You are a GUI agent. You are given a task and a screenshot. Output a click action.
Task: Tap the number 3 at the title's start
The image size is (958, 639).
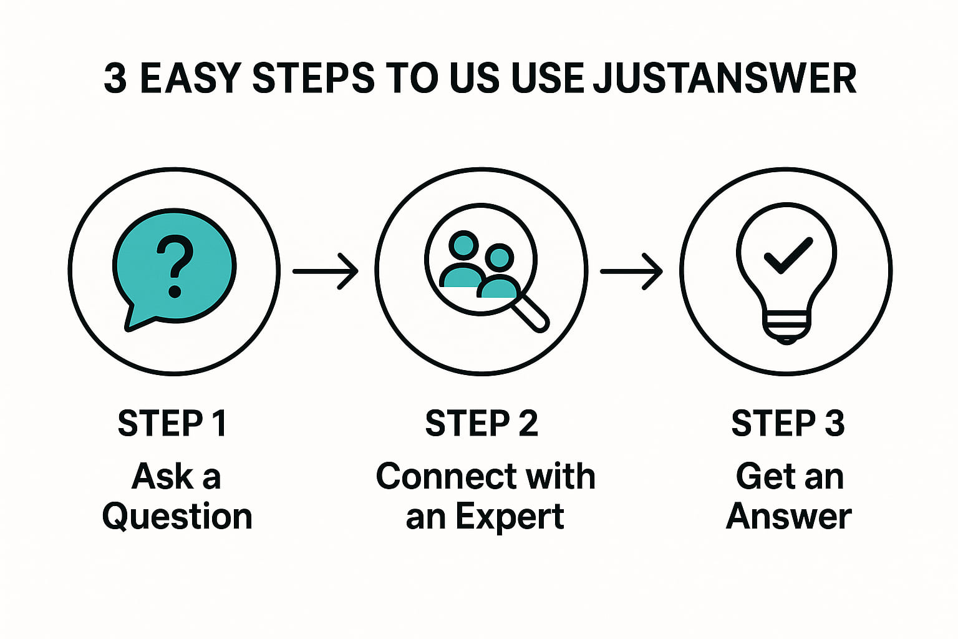coord(115,79)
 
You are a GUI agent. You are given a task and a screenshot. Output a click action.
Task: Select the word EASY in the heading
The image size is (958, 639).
coord(190,79)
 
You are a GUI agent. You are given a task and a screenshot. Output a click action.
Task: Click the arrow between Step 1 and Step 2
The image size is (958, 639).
coord(325,271)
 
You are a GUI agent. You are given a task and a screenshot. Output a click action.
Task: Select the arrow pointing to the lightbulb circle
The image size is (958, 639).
coord(631,271)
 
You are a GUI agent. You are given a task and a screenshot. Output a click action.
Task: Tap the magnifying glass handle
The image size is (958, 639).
coord(530,313)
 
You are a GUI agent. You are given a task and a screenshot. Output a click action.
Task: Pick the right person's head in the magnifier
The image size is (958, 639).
coord(500,256)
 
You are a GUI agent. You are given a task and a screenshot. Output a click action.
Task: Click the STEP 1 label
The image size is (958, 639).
coord(172,424)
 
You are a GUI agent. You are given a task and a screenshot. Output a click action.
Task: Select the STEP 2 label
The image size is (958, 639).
coord(481,424)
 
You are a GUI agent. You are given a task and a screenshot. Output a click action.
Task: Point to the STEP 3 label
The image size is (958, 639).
coord(788,424)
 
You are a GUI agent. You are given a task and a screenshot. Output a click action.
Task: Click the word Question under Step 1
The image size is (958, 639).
coord(177,517)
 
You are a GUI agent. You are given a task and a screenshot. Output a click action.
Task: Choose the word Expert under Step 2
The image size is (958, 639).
coord(509,517)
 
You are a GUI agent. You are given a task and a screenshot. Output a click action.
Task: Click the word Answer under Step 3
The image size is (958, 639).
coord(789,517)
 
